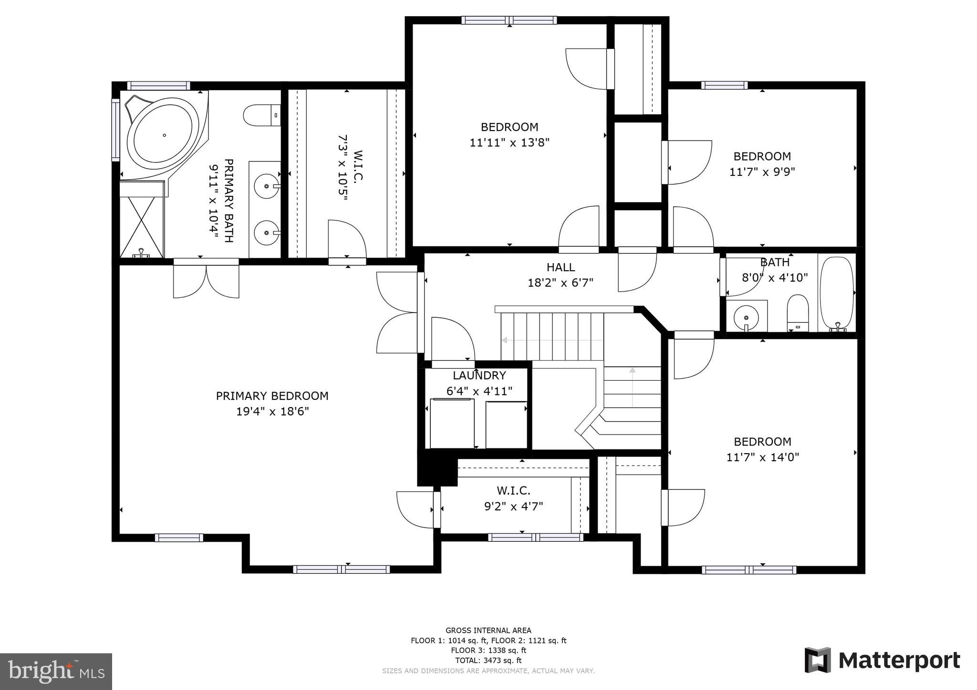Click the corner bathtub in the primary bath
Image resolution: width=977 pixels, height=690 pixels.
click(x=163, y=135)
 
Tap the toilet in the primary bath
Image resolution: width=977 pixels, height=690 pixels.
click(x=261, y=115)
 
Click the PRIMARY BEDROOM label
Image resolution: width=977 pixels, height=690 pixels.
click(x=272, y=396)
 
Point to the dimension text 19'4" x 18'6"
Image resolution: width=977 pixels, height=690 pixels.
click(x=272, y=411)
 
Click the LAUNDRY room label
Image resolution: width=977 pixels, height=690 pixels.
click(x=479, y=375)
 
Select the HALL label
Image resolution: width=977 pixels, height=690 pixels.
click(x=561, y=267)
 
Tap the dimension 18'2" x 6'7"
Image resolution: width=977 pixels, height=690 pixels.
click(x=561, y=283)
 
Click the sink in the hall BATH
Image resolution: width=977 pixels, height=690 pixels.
click(x=746, y=316)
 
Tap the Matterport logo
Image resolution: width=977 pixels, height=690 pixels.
click(x=882, y=660)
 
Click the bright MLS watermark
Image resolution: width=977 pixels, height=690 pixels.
click(x=56, y=671)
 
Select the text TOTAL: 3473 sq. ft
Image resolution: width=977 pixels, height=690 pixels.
click(x=488, y=660)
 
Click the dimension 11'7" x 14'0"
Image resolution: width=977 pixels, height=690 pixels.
click(x=762, y=457)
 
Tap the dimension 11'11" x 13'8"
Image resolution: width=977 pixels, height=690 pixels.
click(x=509, y=142)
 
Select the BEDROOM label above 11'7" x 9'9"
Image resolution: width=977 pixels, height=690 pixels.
click(x=762, y=156)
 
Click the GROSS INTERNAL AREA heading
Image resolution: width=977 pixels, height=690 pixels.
click(x=488, y=630)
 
